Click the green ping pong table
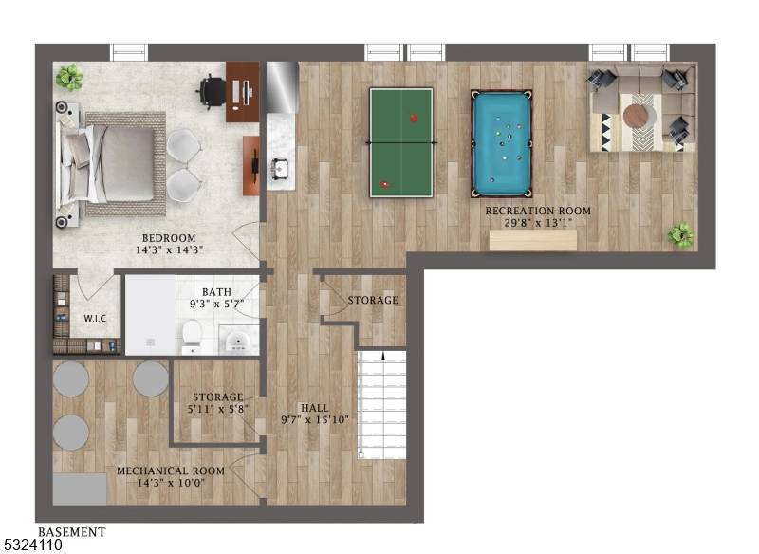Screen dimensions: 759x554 (x=401, y=142)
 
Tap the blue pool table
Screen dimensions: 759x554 (x=502, y=143)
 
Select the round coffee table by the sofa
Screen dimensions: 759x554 (x=639, y=117)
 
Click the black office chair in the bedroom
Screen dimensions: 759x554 (x=212, y=91)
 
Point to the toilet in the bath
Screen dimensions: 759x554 (x=193, y=337)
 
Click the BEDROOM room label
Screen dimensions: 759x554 (x=169, y=238)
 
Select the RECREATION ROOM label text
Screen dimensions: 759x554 (x=538, y=211)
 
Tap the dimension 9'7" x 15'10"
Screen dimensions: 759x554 (x=315, y=419)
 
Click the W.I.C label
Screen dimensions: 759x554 (x=95, y=319)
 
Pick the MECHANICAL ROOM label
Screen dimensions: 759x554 (x=171, y=471)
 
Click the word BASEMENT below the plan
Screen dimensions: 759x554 (x=72, y=532)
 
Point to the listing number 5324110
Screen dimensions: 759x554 (x=31, y=545)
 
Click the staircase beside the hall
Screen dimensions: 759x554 (x=381, y=404)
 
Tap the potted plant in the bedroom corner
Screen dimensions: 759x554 (x=69, y=77)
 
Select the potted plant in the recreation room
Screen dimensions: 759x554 (x=681, y=235)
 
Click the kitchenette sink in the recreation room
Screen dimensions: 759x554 (x=280, y=168)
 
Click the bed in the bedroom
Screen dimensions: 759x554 (x=111, y=164)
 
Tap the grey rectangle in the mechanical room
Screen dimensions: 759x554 (x=80, y=489)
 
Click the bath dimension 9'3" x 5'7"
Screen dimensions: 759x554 (x=216, y=304)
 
